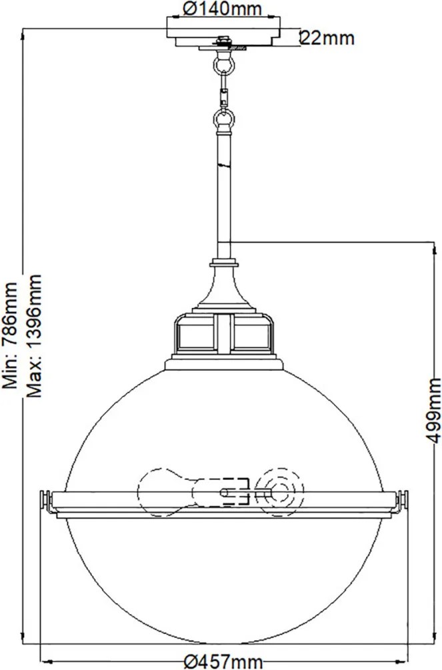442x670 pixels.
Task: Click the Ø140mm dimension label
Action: [x=222, y=8]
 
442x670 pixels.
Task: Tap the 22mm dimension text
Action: [x=327, y=38]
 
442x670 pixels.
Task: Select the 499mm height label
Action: [x=433, y=410]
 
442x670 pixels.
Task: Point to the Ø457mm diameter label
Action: [x=223, y=662]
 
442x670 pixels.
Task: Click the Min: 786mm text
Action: [x=10, y=335]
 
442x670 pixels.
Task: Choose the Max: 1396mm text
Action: [x=34, y=336]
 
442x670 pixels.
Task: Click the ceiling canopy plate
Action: [x=223, y=33]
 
